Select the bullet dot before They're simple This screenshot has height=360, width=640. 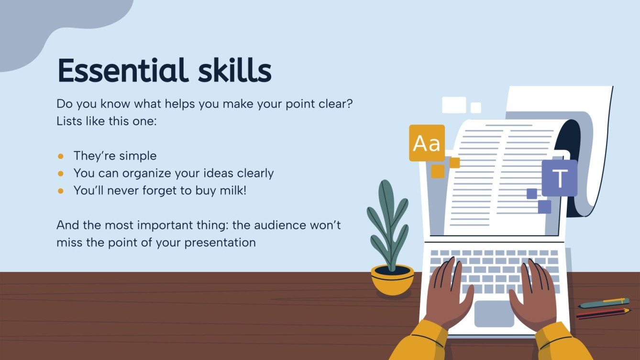click(61, 156)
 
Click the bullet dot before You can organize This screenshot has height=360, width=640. click(61, 173)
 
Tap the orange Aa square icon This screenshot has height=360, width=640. click(427, 143)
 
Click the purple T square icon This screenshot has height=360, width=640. click(559, 178)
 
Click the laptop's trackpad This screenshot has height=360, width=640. click(494, 313)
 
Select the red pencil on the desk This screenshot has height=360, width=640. click(603, 313)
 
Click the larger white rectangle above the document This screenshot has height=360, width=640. click(453, 105)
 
